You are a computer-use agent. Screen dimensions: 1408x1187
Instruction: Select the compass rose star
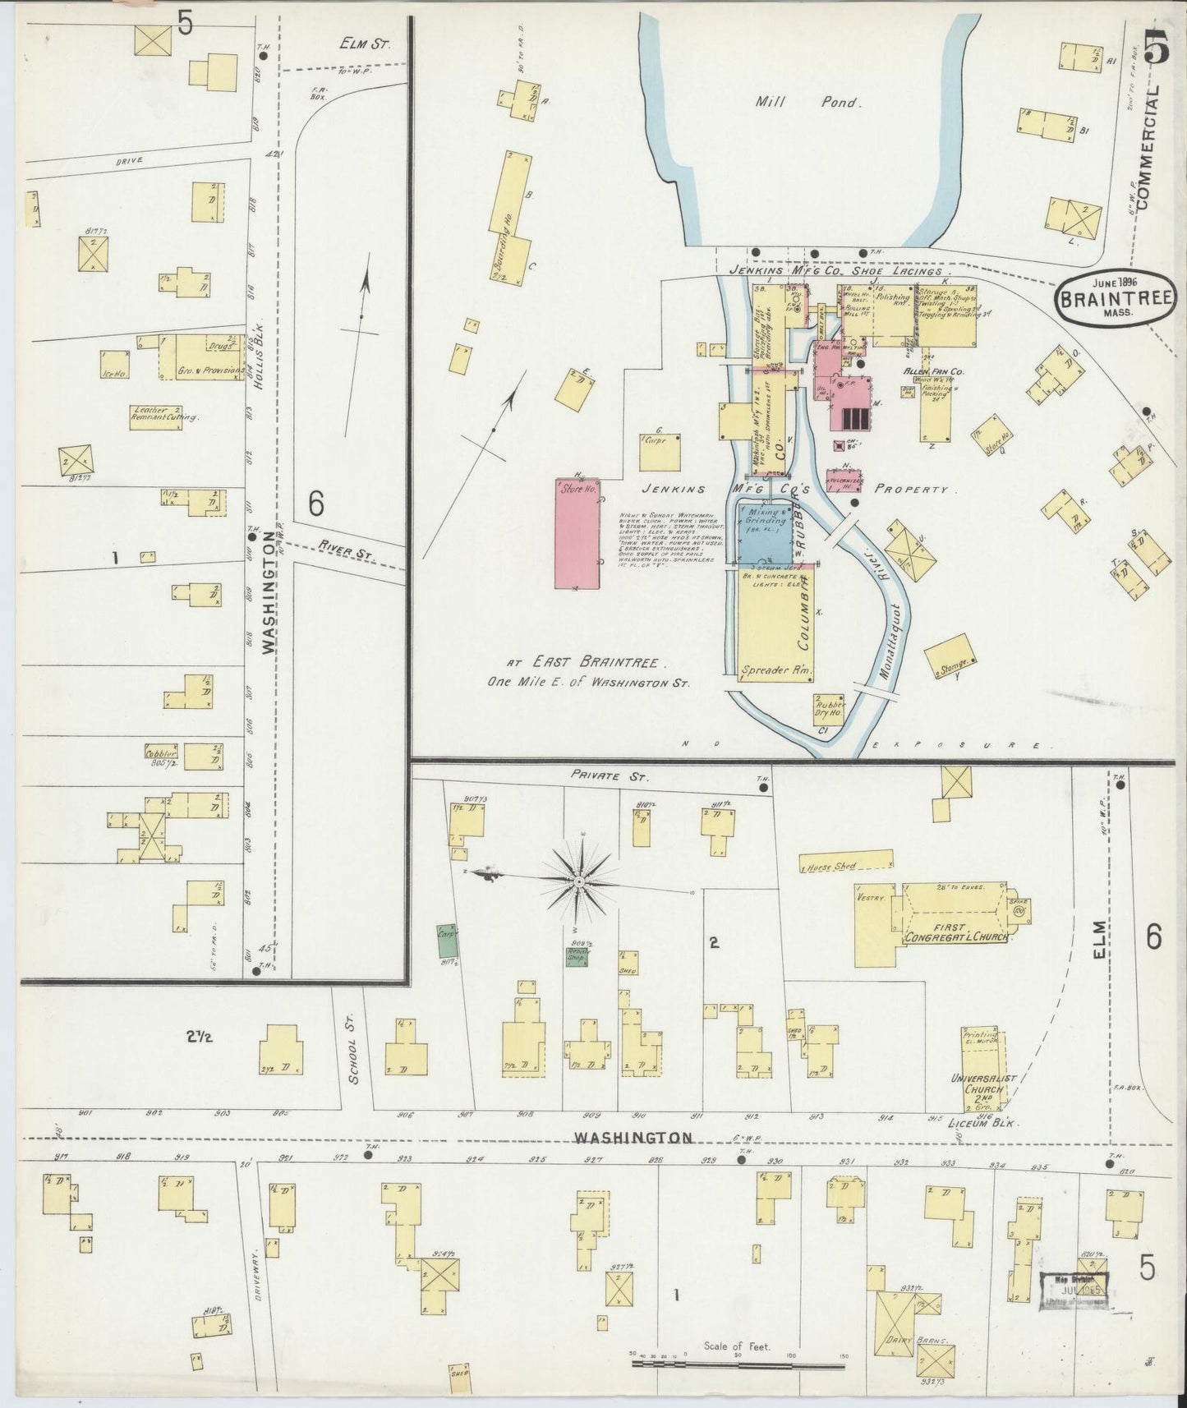coord(581,881)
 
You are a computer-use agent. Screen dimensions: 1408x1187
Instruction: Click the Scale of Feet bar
coord(737,1365)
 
